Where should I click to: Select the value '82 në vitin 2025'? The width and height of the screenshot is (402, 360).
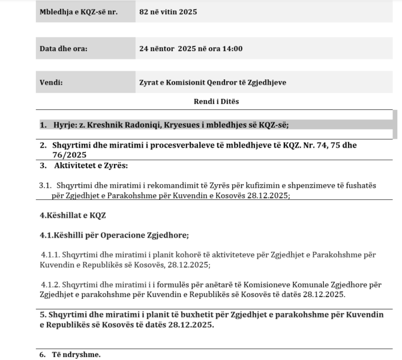coord(167,12)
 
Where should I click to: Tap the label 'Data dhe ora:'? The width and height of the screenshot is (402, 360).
coord(63,49)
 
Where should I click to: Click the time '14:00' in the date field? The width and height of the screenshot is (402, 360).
coord(233,49)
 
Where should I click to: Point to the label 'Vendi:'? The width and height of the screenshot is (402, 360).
coord(51,83)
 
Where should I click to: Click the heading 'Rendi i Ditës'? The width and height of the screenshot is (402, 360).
coord(216,101)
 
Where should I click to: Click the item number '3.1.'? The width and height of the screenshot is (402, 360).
coord(46,185)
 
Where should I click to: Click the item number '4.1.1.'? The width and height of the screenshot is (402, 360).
coord(50,254)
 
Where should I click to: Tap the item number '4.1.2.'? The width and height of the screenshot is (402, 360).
coord(50,284)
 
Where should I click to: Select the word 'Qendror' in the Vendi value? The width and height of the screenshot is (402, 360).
coord(223,83)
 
